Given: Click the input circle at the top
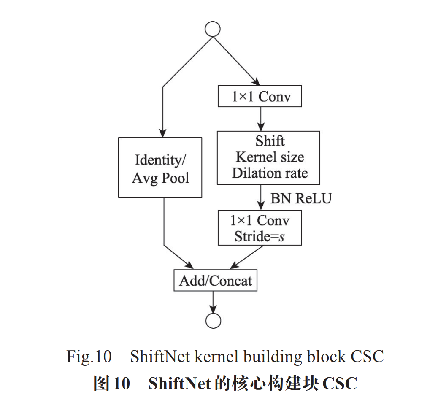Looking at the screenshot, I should coord(212,29).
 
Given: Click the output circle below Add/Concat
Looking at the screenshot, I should coord(213,320).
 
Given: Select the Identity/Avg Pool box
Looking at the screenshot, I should coord(160,168).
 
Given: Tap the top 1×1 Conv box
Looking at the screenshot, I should coord(260,97).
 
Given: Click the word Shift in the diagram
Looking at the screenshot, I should coord(270,141).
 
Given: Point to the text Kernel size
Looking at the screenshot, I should coord(269,157).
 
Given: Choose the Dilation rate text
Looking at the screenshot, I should coord(269,173).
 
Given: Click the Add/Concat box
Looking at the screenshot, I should coord(215,281).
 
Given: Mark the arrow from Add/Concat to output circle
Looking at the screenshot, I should coord(213,301).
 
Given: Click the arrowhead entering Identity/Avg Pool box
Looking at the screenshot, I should coord(162,133).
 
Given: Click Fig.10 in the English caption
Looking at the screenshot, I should coord(89,357).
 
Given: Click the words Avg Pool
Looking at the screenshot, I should coord(160,178).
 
